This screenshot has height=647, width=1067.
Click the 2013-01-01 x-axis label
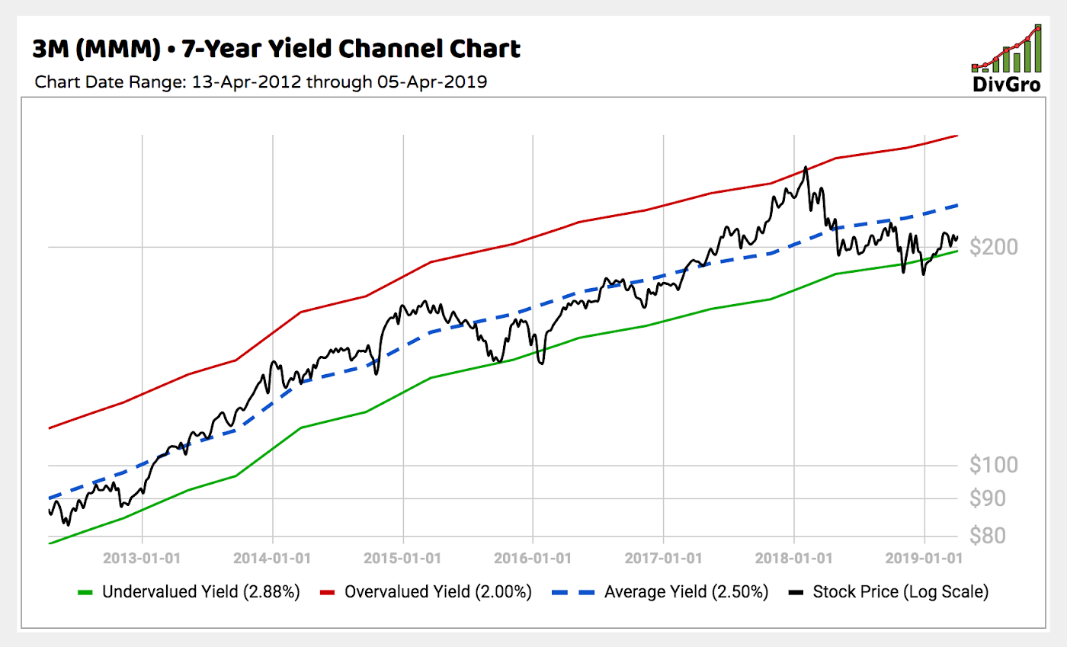point(143,558)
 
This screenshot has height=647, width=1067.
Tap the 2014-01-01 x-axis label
point(273,558)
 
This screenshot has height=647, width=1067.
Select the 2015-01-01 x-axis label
point(403,558)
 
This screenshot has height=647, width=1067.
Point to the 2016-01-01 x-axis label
point(533,558)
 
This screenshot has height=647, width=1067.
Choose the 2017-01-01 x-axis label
point(664,558)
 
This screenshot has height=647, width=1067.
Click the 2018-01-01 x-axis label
point(794,558)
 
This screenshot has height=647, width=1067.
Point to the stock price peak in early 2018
point(806,167)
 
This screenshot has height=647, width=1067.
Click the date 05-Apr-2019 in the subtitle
point(431,82)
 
